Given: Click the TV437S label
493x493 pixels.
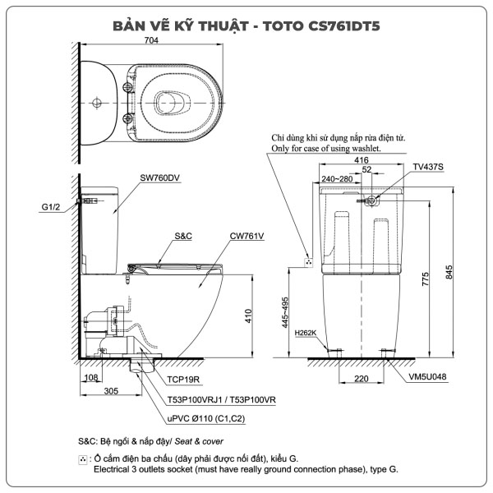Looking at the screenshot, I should pyautogui.click(x=427, y=167).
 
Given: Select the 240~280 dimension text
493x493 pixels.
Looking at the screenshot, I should pyautogui.click(x=337, y=177).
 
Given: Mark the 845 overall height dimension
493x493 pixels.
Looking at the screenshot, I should pyautogui.click(x=449, y=271).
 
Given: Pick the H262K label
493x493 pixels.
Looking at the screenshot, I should pyautogui.click(x=305, y=333).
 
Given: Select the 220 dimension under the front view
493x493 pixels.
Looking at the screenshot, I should pyautogui.click(x=361, y=380).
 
